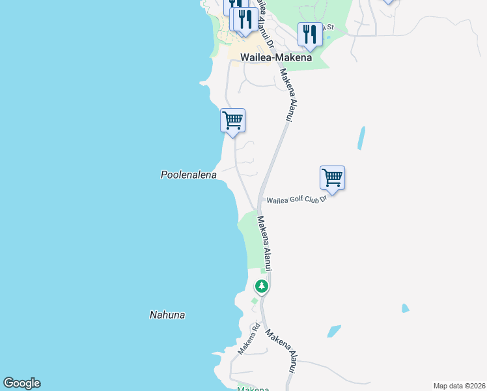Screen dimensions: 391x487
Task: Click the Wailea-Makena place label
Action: [x=276, y=57]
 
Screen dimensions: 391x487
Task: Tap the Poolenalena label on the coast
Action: [x=188, y=175]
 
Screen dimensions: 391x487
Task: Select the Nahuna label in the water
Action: [x=167, y=315]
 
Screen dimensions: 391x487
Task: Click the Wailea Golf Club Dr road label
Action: [x=296, y=199]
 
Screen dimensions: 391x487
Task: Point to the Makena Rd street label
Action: [x=248, y=339]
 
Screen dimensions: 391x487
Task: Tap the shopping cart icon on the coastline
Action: [x=232, y=121]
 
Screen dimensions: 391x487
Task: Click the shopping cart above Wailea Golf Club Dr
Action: [x=332, y=178]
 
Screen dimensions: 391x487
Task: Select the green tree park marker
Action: [x=261, y=286]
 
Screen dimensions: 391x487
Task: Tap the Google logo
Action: [x=21, y=383]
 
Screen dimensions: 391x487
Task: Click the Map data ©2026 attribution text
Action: [x=458, y=386]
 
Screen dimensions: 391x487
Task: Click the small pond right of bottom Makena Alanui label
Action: [x=333, y=331]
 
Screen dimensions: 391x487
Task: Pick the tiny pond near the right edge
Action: [x=405, y=308]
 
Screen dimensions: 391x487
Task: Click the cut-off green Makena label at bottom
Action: [x=253, y=389]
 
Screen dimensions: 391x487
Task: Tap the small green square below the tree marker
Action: [x=255, y=301]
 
